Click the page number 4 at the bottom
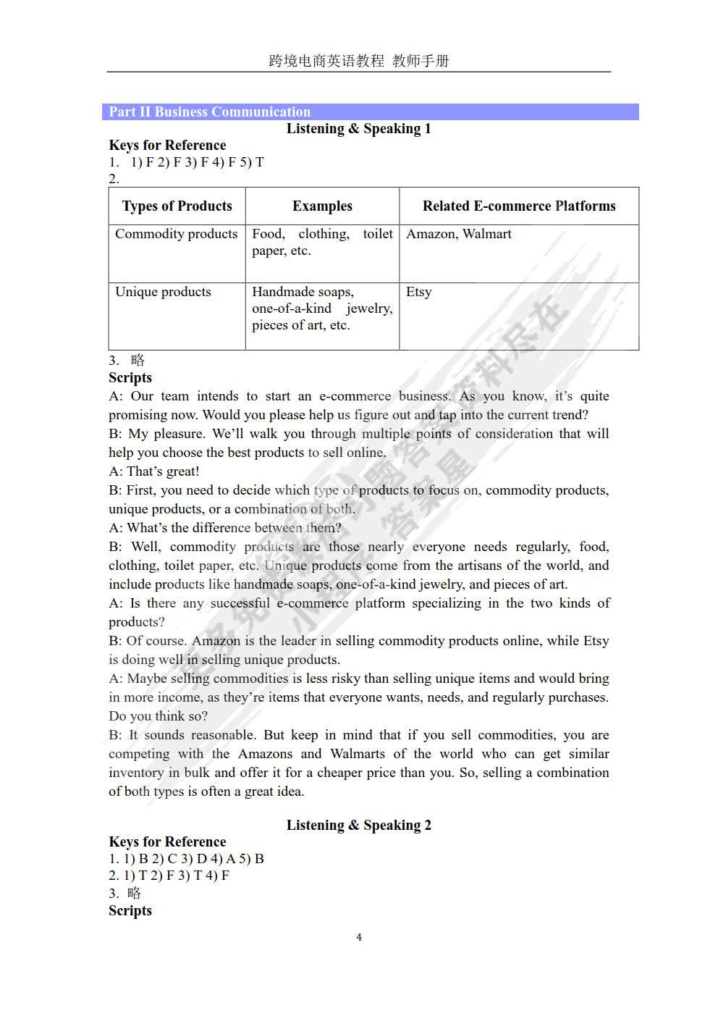pyautogui.click(x=359, y=937)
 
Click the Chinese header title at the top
pyautogui.click(x=359, y=61)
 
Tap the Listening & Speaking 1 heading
pyautogui.click(x=359, y=129)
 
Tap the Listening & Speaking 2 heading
pyautogui.click(x=359, y=825)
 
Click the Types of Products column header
pyautogui.click(x=177, y=206)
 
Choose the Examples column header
pyautogui.click(x=322, y=206)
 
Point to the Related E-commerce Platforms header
pyautogui.click(x=519, y=206)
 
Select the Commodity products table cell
pyautogui.click(x=177, y=234)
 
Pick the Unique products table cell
pyautogui.click(x=164, y=292)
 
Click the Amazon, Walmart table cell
pyautogui.click(x=459, y=234)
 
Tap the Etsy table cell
pyautogui.click(x=419, y=292)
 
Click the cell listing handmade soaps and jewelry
pyautogui.click(x=322, y=308)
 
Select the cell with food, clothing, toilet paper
pyautogui.click(x=322, y=243)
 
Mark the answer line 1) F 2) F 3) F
pyautogui.click(x=197, y=162)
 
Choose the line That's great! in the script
pyautogui.click(x=154, y=471)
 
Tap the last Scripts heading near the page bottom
pyautogui.click(x=130, y=911)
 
